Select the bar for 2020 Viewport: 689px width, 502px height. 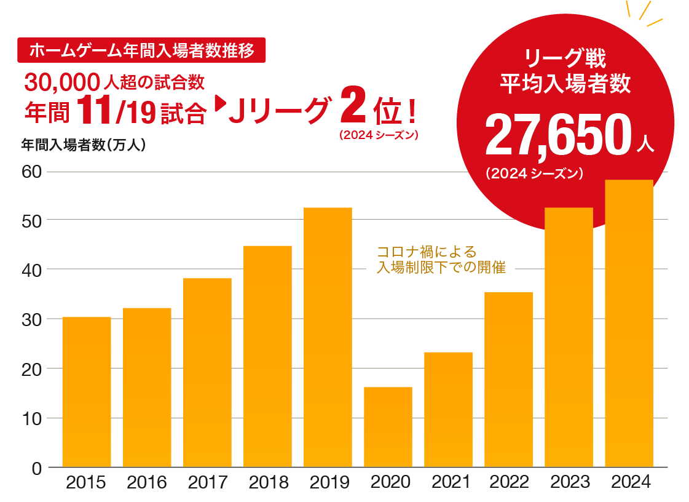pos(388,427)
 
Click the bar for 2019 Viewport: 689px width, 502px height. pos(328,337)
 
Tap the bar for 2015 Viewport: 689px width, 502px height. pos(87,392)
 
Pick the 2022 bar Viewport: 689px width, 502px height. pos(508,380)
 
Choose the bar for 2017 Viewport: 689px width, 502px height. pos(207,373)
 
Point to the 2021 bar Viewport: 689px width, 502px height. pos(448,410)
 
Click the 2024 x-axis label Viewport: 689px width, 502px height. pos(630,482)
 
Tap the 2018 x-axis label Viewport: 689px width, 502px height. pos(268,482)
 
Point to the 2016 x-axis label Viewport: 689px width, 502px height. pos(147,482)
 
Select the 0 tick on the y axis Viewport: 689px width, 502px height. pos(36,469)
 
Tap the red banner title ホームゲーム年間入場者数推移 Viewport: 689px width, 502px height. pos(142,50)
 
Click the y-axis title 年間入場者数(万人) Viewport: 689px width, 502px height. pos(83,146)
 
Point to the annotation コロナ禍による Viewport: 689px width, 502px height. pos(426,252)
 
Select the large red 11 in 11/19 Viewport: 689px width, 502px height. pos(93,110)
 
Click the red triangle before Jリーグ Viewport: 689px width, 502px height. pos(219,105)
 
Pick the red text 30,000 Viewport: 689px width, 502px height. pos(62,81)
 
